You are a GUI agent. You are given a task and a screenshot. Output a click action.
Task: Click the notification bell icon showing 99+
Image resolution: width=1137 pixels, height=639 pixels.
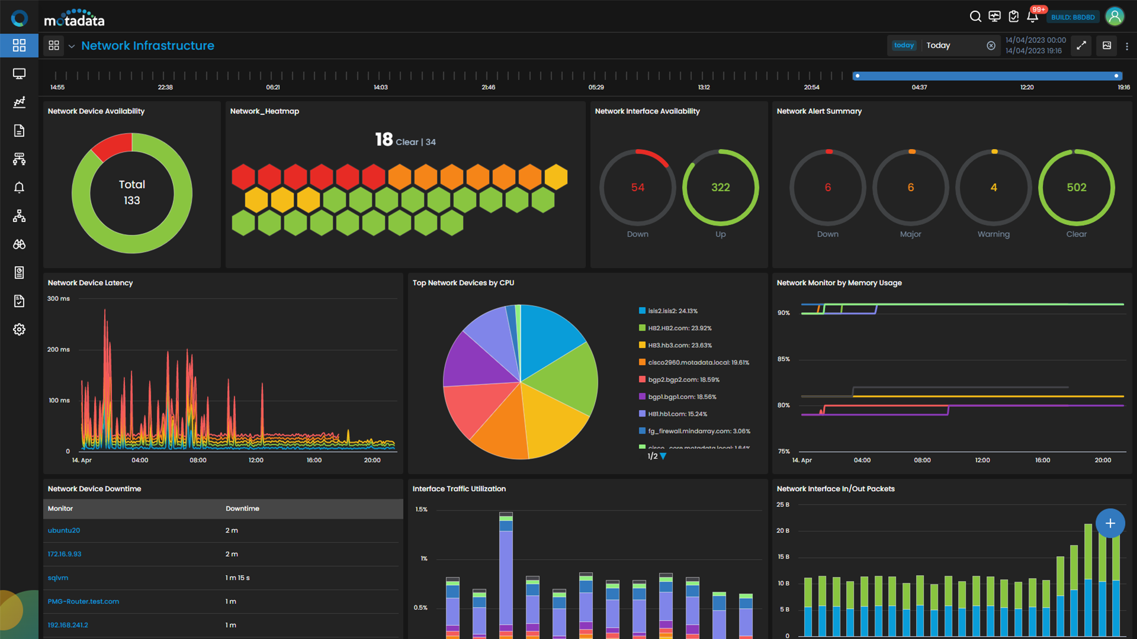tap(1032, 17)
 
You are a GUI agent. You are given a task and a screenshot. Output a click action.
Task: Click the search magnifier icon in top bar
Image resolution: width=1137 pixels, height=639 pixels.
tap(975, 17)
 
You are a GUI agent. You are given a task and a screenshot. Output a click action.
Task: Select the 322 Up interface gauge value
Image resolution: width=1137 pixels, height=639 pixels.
tap(720, 188)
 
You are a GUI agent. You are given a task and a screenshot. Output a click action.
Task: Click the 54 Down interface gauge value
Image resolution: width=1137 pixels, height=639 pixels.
tap(637, 188)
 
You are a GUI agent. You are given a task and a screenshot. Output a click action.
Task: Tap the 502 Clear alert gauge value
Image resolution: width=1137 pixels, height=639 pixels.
tap(1076, 188)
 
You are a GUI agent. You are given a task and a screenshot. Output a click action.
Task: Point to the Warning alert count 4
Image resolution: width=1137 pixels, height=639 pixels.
tap(993, 188)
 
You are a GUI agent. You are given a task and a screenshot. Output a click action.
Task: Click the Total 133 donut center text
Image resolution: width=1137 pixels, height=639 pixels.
tap(131, 192)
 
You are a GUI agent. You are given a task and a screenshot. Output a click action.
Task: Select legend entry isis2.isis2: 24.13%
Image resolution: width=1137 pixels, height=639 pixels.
tap(672, 311)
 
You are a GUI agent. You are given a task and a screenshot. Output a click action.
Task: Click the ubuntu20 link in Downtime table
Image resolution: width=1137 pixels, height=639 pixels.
tap(64, 530)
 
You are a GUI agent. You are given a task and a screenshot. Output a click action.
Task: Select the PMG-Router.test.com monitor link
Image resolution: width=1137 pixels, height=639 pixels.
tap(83, 601)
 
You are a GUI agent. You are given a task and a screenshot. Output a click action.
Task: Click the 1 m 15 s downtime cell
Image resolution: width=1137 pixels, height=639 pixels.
tap(237, 577)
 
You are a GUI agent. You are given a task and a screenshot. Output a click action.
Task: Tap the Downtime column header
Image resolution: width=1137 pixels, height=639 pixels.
tap(242, 508)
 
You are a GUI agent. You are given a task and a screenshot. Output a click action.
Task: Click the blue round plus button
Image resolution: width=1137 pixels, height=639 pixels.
tap(1110, 523)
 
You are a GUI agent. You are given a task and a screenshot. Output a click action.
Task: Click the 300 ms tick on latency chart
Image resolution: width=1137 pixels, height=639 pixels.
tap(59, 299)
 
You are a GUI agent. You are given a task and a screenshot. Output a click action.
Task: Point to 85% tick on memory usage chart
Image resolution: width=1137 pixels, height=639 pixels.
tap(783, 359)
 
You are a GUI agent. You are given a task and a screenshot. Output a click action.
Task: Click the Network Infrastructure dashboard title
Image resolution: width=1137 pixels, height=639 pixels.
tap(147, 46)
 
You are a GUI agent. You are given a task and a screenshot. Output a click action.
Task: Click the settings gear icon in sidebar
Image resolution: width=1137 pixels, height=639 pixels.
tap(19, 330)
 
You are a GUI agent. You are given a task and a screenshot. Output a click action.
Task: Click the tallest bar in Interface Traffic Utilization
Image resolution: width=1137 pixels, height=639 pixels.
tap(506, 574)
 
